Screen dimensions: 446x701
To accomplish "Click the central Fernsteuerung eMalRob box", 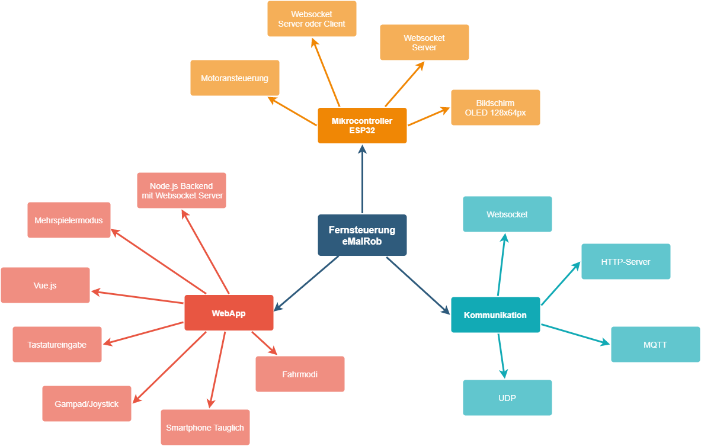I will point(362,235).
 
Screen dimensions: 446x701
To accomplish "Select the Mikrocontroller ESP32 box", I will point(362,126).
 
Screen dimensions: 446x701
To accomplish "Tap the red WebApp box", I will point(229,313).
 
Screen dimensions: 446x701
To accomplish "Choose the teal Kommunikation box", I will point(495,315).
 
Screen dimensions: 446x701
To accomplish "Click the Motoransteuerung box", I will point(235,78).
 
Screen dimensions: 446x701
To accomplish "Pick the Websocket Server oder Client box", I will point(312,19).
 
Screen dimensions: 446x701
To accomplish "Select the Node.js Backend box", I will point(181,190).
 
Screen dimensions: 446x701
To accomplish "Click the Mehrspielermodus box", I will point(69,220).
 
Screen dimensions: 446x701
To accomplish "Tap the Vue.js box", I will point(45,285).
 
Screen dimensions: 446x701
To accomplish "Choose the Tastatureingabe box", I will point(57,344).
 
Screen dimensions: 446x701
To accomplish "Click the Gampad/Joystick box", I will point(87,403).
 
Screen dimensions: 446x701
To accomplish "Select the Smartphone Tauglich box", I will point(205,427).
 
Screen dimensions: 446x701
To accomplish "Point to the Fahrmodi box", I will point(300,374).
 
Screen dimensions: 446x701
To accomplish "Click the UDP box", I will point(507,397).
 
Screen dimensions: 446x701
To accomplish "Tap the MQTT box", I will point(655,344).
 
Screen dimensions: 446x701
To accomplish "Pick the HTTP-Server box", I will point(626,261).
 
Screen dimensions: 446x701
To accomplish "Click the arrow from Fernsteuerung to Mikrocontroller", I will point(362,181).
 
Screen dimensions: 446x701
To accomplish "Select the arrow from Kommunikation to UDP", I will point(501,355).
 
